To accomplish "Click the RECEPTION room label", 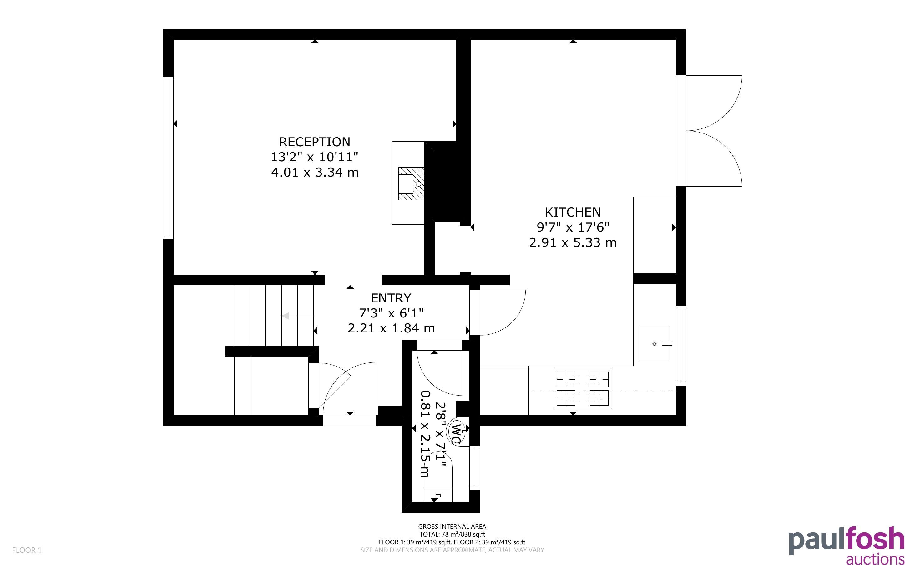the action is tap(315, 142).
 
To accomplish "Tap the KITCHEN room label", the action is tap(573, 212).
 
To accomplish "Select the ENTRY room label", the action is tap(391, 298).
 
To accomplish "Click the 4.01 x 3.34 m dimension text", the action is tap(315, 172).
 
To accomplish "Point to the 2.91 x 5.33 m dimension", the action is tap(573, 243).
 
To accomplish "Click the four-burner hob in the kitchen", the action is tap(582, 389).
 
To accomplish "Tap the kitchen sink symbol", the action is tap(655, 344).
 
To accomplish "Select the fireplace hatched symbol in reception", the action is tap(411, 183).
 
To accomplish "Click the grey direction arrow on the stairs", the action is tap(298, 316).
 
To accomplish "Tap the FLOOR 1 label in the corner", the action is tap(27, 550).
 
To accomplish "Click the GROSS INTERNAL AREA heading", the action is tap(452, 527).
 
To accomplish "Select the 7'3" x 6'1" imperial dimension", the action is tap(391, 313).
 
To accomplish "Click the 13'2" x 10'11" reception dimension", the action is tap(315, 157).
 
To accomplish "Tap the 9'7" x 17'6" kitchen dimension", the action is tap(573, 227).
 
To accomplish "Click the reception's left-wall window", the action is tap(168, 158).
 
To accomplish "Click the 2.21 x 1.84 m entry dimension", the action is tap(391, 328).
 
